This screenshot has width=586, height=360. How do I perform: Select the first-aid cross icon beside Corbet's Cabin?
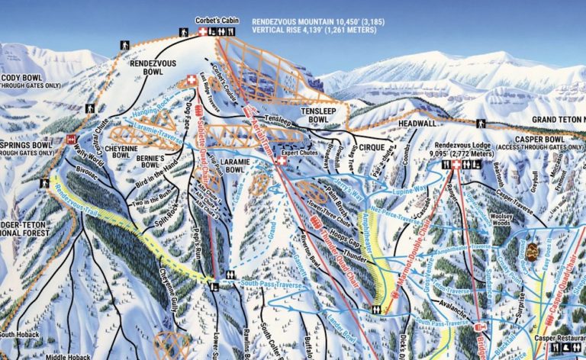(x=203, y=32)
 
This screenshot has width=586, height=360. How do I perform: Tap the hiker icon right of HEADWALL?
(x=481, y=123)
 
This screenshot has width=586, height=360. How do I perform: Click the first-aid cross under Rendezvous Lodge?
(x=456, y=165)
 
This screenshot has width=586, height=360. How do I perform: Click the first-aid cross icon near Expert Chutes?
(x=282, y=161)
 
